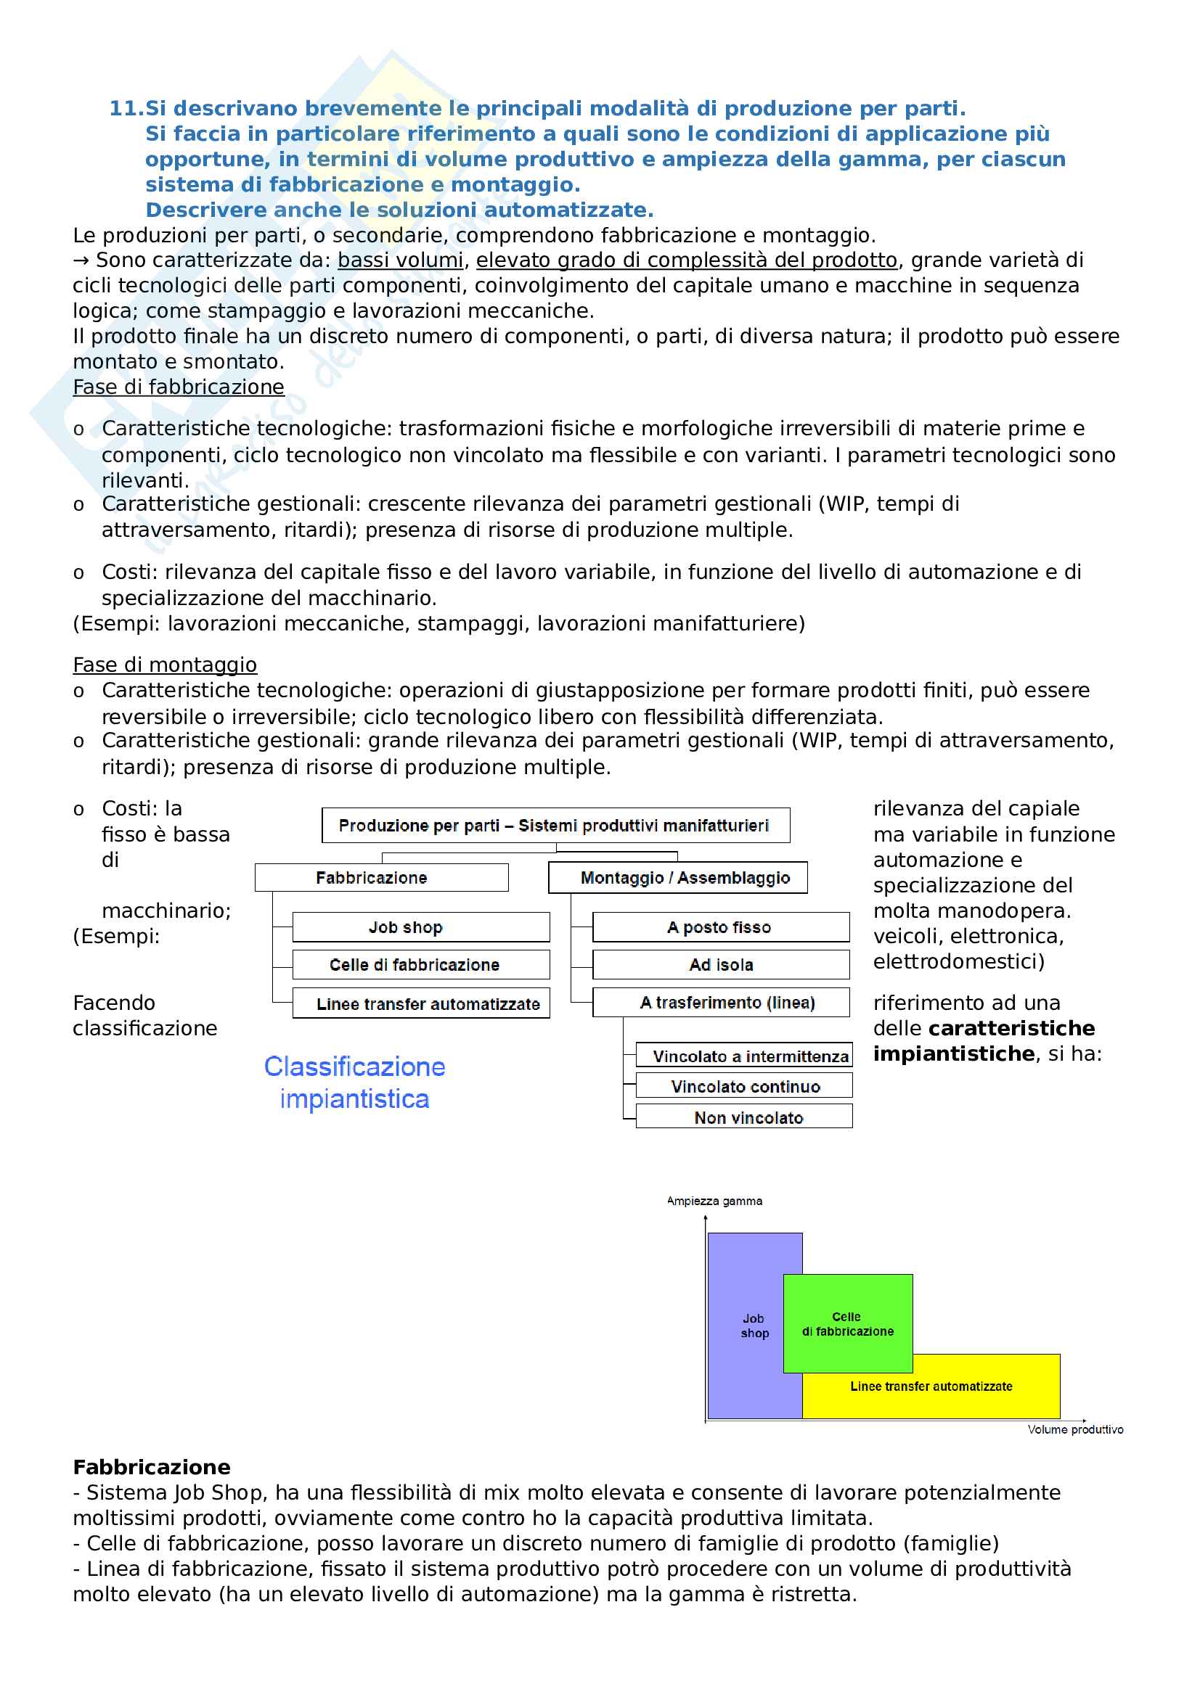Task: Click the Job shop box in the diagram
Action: [x=421, y=926]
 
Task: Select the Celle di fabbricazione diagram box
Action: [x=421, y=964]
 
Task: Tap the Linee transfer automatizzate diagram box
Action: [x=421, y=1003]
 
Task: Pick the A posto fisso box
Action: [x=720, y=926]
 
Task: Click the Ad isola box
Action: [x=720, y=964]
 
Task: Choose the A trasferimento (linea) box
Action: [x=720, y=1003]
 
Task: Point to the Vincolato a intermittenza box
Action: [x=744, y=1056]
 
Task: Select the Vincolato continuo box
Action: [x=744, y=1087]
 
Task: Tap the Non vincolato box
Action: [x=744, y=1117]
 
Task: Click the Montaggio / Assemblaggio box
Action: [x=677, y=878]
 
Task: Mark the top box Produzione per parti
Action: [x=555, y=826]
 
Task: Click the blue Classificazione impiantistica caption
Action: [x=354, y=1082]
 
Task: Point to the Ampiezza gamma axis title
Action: [x=714, y=1201]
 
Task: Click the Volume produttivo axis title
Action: [x=1074, y=1429]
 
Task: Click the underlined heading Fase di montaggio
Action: [x=165, y=665]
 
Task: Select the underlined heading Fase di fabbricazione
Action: [x=178, y=387]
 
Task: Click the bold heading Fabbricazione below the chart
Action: [x=152, y=1467]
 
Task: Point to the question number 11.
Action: [x=125, y=109]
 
